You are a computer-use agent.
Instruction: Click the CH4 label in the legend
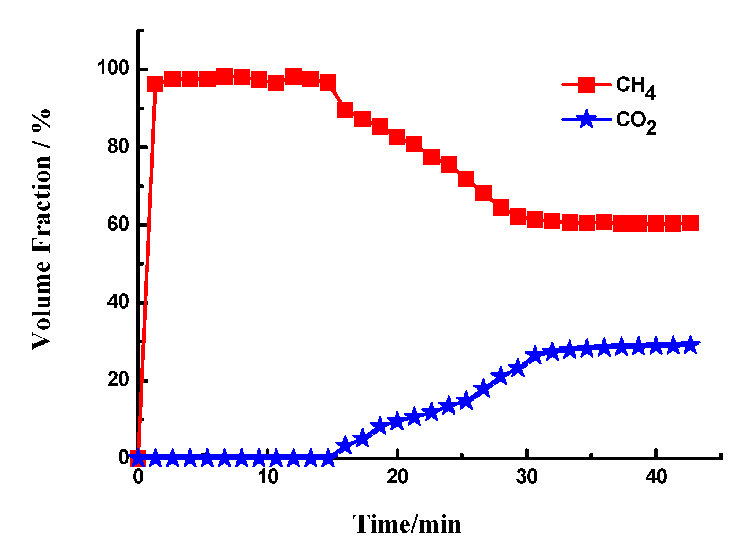(x=635, y=87)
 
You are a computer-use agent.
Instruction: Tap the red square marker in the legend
(x=586, y=85)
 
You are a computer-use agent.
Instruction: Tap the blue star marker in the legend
(x=586, y=119)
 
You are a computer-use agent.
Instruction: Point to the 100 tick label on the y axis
(x=113, y=68)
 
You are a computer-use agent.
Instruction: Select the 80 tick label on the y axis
(x=118, y=146)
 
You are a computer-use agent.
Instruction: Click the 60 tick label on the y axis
(x=118, y=224)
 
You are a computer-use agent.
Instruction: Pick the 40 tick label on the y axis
(x=118, y=302)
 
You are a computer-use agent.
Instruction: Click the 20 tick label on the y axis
(x=118, y=379)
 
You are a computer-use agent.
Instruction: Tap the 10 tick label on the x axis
(x=268, y=477)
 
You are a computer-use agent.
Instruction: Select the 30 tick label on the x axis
(x=527, y=477)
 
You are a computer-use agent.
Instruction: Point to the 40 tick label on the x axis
(x=656, y=477)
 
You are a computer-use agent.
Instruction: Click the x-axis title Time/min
(x=407, y=524)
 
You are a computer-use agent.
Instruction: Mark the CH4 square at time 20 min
(x=397, y=137)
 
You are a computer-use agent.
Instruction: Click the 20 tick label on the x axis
(x=397, y=477)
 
